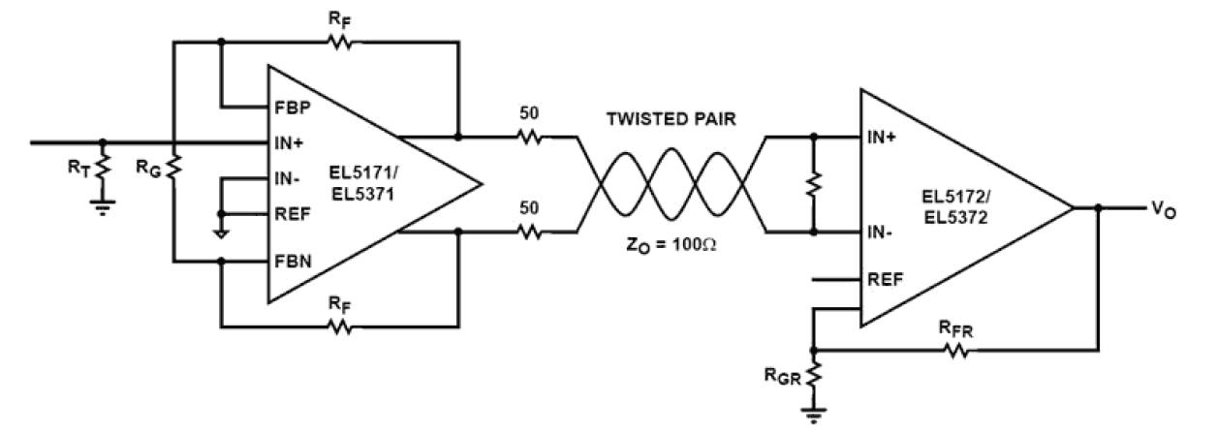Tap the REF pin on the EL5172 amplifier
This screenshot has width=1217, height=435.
pos(885,278)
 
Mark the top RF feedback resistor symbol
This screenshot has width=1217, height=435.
pos(339,42)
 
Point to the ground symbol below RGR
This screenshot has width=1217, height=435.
pos(814,415)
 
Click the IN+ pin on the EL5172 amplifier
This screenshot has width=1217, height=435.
pos(884,137)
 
